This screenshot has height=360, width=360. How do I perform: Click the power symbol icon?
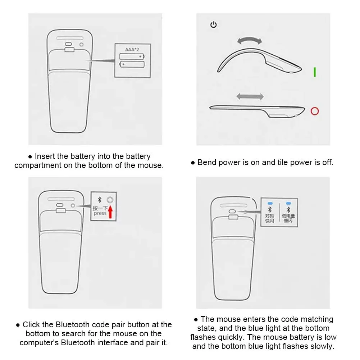214,24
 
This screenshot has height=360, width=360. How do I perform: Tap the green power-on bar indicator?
315,72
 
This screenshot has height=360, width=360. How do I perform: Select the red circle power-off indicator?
315,111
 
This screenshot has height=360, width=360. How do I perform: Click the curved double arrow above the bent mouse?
250,40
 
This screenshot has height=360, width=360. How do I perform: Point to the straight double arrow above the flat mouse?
250,96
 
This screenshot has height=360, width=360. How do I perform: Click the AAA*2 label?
132,49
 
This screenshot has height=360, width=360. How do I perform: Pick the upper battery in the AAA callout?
132,56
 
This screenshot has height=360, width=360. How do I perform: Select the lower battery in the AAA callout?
132,64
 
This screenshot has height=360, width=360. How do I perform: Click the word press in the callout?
100,214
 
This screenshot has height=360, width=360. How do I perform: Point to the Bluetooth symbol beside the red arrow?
99,200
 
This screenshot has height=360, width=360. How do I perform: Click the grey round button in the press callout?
110,200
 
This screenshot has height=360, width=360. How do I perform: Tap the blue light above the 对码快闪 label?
270,204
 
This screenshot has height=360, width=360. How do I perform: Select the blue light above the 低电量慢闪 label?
288,204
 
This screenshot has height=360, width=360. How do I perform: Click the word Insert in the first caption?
45,156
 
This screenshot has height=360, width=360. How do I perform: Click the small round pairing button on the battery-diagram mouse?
81,45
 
